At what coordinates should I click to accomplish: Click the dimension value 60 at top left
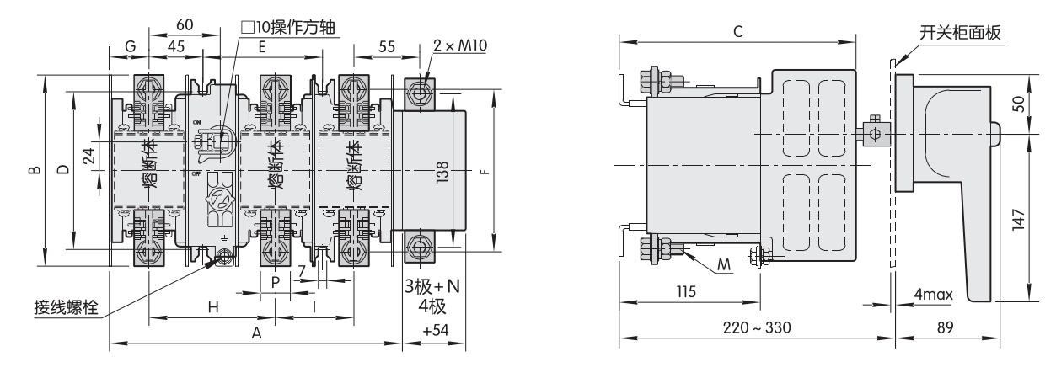click(185, 24)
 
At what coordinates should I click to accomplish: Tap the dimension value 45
click(176, 46)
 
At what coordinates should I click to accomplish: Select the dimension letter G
click(131, 46)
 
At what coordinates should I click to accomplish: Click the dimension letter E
click(262, 46)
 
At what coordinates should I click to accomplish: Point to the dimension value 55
click(387, 46)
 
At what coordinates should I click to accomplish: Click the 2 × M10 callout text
click(459, 45)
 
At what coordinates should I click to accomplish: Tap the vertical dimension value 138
click(442, 173)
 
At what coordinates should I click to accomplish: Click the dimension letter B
click(35, 170)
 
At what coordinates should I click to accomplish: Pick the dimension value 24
click(88, 156)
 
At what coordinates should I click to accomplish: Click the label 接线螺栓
click(66, 307)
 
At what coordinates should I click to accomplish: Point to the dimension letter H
click(213, 307)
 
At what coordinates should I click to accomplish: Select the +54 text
click(436, 330)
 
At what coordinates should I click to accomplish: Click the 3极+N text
click(432, 286)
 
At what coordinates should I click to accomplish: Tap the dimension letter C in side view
click(738, 31)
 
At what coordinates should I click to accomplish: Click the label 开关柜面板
click(960, 33)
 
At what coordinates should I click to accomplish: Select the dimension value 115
click(686, 292)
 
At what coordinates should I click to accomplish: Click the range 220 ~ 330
click(757, 327)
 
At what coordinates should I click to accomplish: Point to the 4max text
click(934, 295)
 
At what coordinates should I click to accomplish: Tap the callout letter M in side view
click(724, 265)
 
